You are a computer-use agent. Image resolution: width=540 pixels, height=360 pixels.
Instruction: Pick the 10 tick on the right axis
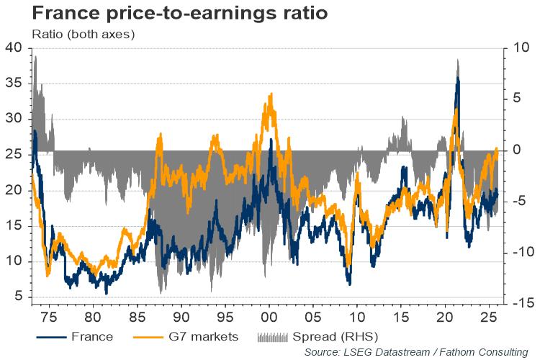522,48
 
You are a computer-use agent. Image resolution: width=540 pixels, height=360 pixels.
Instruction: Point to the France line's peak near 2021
457,77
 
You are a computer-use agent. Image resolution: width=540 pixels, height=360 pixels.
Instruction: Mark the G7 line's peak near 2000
271,94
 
